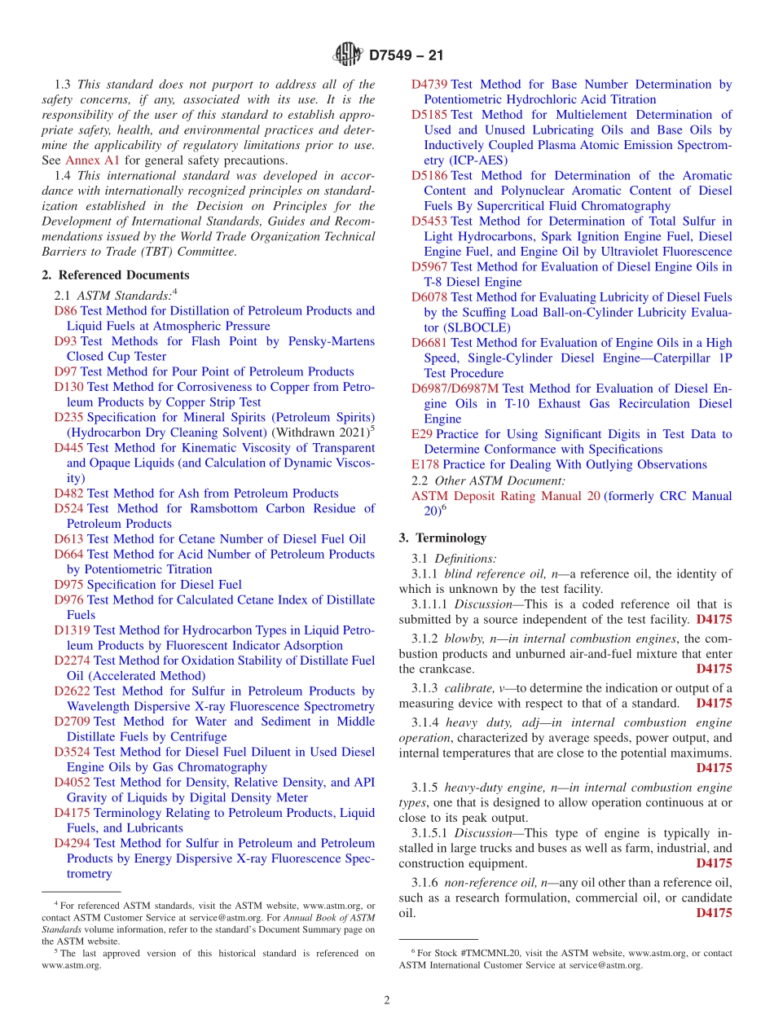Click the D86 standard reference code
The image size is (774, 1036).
coord(65,311)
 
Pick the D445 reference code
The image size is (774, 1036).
coord(68,448)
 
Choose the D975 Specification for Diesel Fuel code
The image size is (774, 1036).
coord(68,585)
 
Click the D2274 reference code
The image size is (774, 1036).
coord(73,661)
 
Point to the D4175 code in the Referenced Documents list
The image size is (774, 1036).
coord(73,813)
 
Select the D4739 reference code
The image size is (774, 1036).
coord(429,85)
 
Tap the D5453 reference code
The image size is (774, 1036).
coord(429,222)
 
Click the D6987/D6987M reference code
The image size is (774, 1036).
coord(455,388)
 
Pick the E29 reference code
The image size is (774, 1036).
coord(421,434)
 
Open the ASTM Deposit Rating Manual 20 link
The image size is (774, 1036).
coord(505,496)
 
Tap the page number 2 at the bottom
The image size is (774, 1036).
coord(387,1000)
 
